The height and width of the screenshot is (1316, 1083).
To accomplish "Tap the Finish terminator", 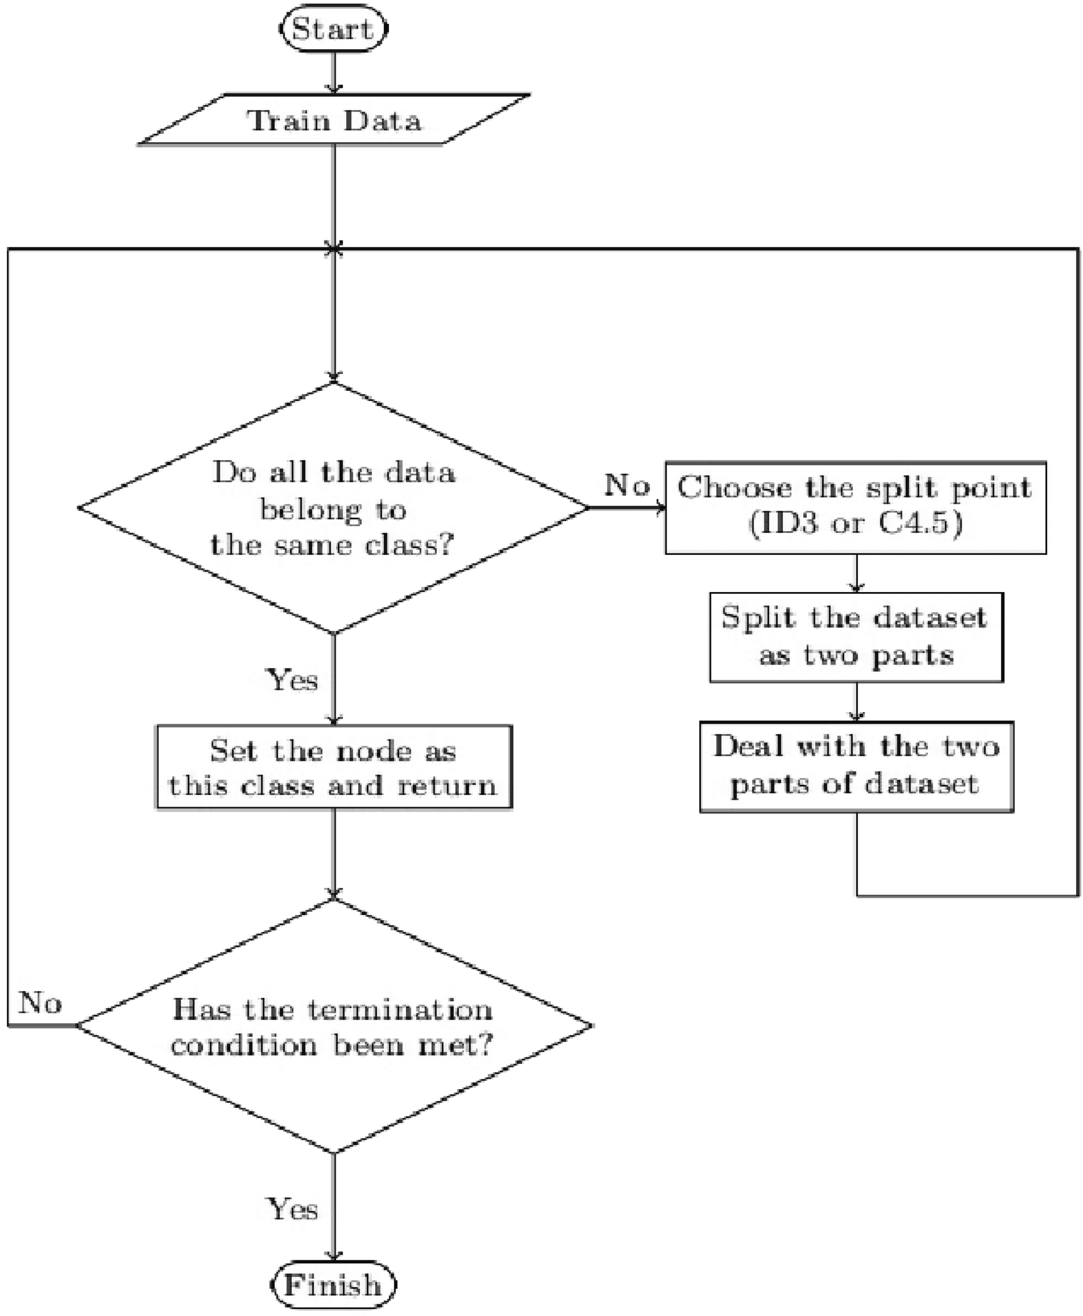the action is tap(334, 1285).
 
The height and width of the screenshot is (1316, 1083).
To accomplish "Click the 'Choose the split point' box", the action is tap(855, 507).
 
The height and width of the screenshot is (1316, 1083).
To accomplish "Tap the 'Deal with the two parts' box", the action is tap(856, 767).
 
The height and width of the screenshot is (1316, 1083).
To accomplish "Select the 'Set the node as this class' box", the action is tap(334, 767).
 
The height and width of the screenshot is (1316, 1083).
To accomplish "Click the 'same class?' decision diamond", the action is tap(334, 507).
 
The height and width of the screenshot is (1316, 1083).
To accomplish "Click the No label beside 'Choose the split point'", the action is tap(626, 485).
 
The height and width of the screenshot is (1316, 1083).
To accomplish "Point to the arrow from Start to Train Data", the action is tap(334, 73).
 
